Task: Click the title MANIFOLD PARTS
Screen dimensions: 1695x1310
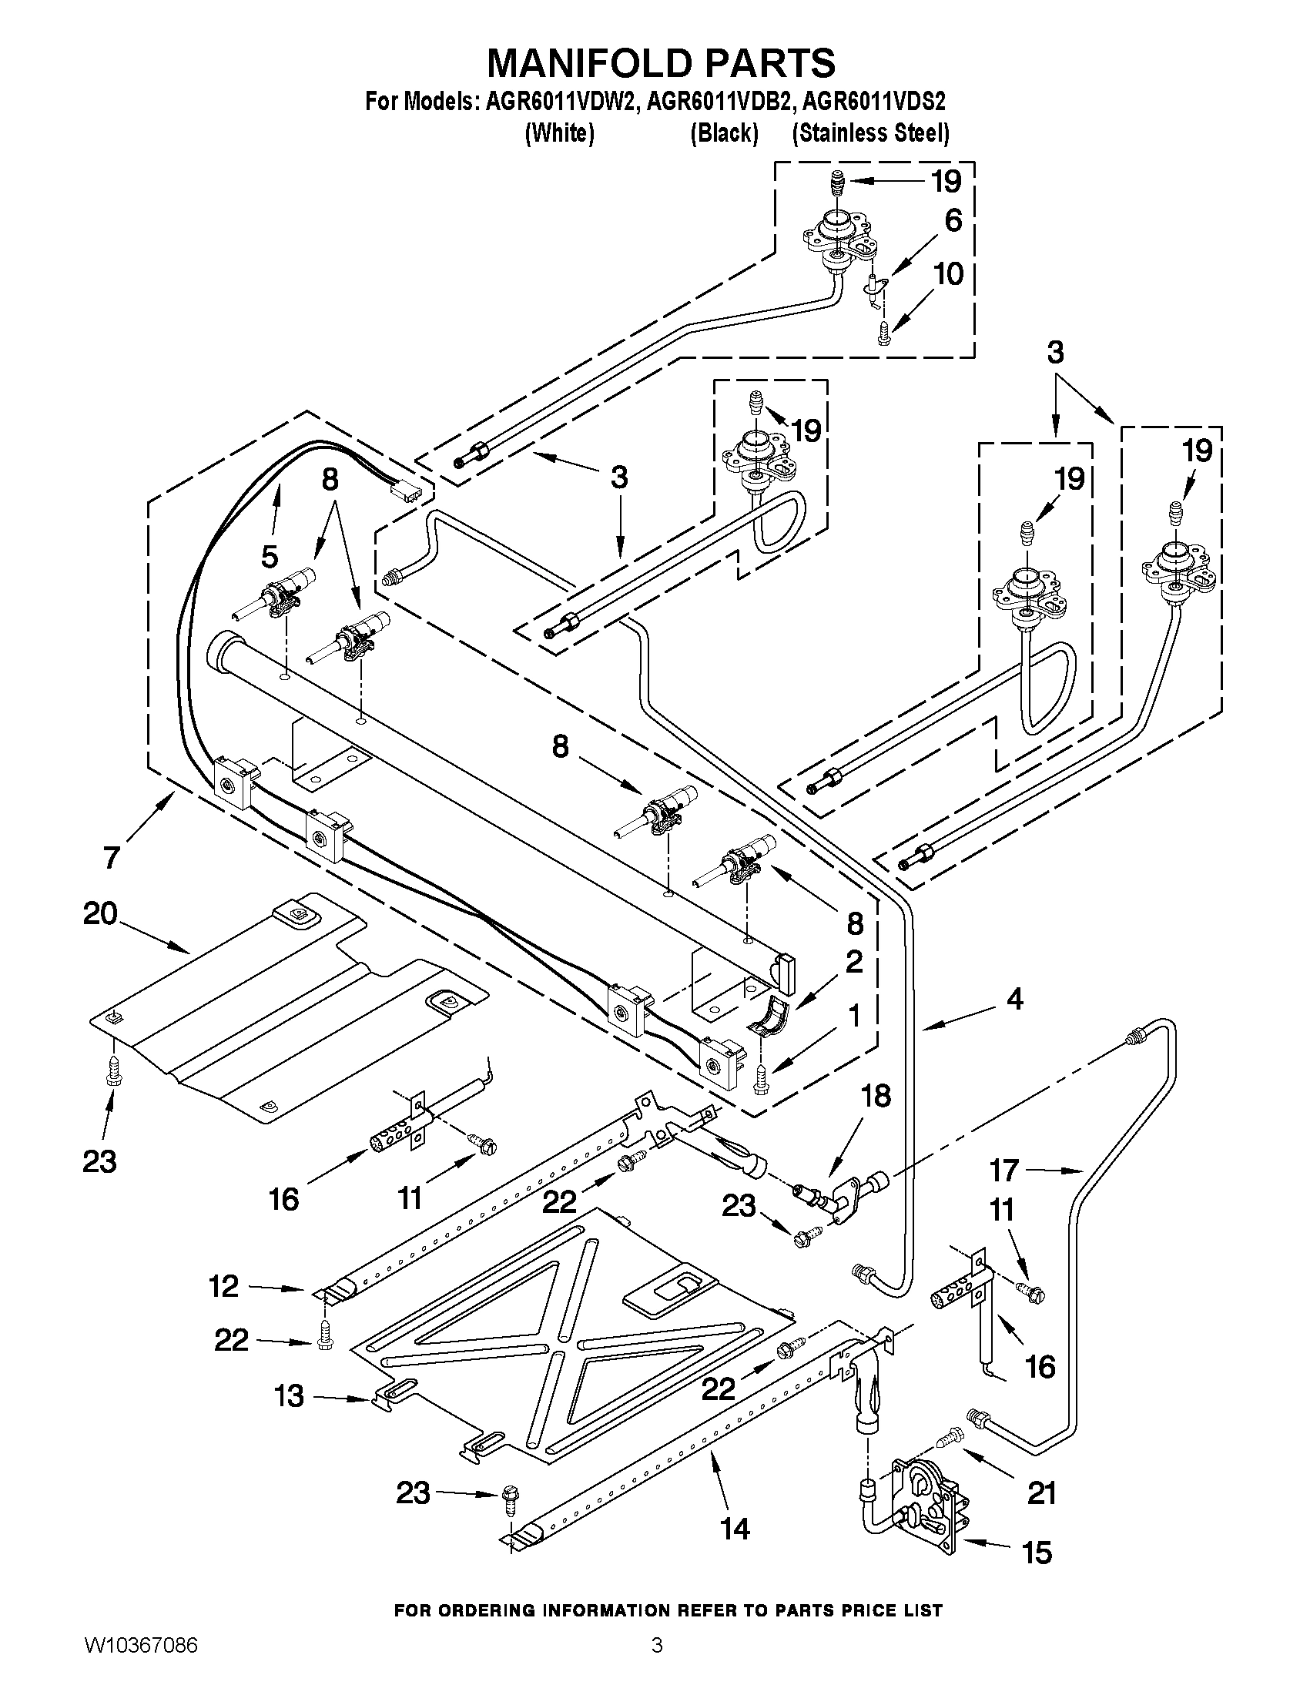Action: pos(661,63)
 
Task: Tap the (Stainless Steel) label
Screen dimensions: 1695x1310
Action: pos(870,133)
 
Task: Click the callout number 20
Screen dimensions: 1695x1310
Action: pos(100,913)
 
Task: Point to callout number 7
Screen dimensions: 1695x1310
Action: pos(112,858)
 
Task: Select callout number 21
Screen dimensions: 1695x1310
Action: pos(1041,1492)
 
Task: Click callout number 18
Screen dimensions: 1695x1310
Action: pos(875,1097)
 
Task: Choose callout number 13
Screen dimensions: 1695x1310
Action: pos(289,1396)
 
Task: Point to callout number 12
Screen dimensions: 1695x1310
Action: pos(223,1286)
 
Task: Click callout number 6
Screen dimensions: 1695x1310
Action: pos(953,220)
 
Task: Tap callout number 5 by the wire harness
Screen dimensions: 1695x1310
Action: pos(269,556)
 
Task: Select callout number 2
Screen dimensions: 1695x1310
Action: pos(853,963)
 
